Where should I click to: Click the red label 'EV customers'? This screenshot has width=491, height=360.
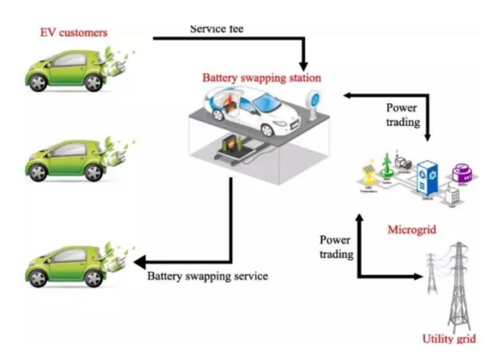pyautogui.click(x=74, y=33)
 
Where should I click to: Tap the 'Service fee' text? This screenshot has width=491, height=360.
pyautogui.click(x=219, y=29)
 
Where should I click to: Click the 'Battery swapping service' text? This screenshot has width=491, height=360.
pyautogui.click(x=207, y=276)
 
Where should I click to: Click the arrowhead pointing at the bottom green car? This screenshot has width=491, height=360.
pyautogui.click(x=140, y=263)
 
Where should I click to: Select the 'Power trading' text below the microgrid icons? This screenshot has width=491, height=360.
pyautogui.click(x=335, y=248)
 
